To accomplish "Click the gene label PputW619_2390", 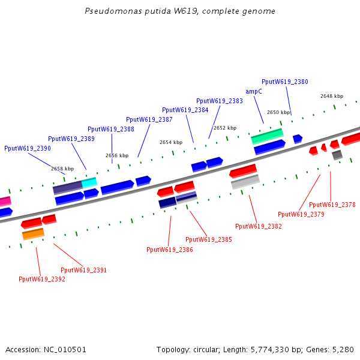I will click(28, 148).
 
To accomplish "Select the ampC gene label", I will click(254, 92).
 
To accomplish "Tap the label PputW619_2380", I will click(285, 82).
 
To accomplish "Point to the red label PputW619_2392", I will click(42, 279).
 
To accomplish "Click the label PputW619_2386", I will click(170, 250).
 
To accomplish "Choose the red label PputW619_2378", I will click(332, 205).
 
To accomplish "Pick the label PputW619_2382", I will click(259, 226).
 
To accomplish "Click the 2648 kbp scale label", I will click(332, 96).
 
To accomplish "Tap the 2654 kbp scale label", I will click(171, 142).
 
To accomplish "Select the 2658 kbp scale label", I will click(62, 169).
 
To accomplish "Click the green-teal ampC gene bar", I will click(267, 137).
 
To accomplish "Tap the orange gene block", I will click(33, 234).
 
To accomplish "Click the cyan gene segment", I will click(89, 182).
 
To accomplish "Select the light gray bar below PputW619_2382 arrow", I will click(245, 182).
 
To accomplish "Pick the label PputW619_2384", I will click(185, 110).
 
